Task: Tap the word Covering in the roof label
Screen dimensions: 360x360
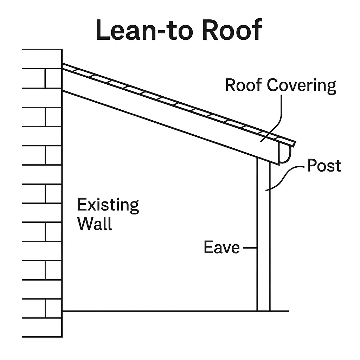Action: coord(301,85)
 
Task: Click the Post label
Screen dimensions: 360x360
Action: coord(324,166)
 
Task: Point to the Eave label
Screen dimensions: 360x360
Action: coord(221,247)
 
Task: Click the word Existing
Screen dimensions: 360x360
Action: coord(108,205)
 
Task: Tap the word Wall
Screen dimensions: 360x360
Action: coord(95,224)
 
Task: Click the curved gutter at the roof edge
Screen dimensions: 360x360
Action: coord(285,153)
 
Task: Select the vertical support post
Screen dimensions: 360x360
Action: coord(264,236)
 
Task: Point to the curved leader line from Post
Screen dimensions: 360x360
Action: coord(285,178)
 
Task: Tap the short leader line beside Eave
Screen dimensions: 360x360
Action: coord(250,248)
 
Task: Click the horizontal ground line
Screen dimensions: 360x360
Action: coord(158,311)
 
